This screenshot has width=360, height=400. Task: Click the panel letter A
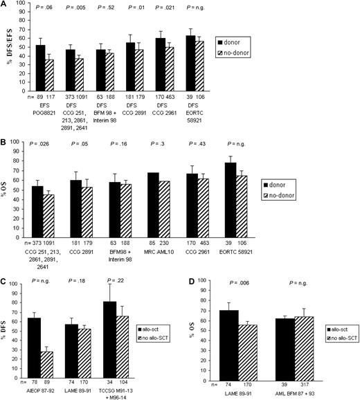pos(4,5)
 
